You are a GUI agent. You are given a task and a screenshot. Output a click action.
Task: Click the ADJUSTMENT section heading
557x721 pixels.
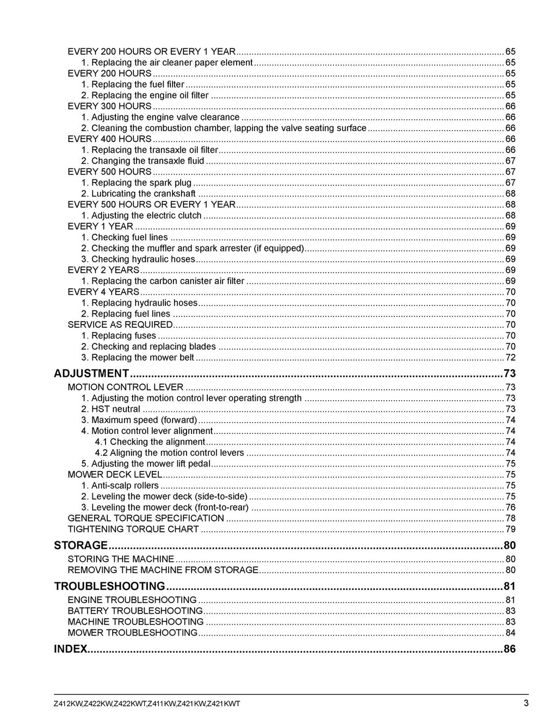(x=91, y=374)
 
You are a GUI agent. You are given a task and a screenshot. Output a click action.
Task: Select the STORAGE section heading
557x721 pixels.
(x=81, y=545)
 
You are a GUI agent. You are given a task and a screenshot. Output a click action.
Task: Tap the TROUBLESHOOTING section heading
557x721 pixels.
(x=109, y=586)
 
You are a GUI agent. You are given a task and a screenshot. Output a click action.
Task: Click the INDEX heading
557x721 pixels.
(x=71, y=649)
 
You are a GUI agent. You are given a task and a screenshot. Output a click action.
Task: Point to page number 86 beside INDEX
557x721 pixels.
(x=510, y=649)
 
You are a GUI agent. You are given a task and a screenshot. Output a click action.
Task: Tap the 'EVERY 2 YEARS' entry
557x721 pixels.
(x=103, y=270)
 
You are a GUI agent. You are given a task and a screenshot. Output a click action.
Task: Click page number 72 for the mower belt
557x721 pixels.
(x=510, y=357)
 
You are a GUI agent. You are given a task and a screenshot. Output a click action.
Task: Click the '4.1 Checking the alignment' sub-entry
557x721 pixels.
(x=150, y=442)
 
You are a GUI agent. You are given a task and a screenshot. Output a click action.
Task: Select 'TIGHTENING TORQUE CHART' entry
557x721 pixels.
(x=133, y=529)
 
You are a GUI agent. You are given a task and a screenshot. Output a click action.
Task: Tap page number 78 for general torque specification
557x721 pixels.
(x=510, y=518)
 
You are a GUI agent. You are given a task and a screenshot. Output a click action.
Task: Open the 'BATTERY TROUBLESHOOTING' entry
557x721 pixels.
(x=135, y=611)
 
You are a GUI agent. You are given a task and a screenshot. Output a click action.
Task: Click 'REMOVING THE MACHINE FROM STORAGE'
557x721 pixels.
(x=163, y=570)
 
